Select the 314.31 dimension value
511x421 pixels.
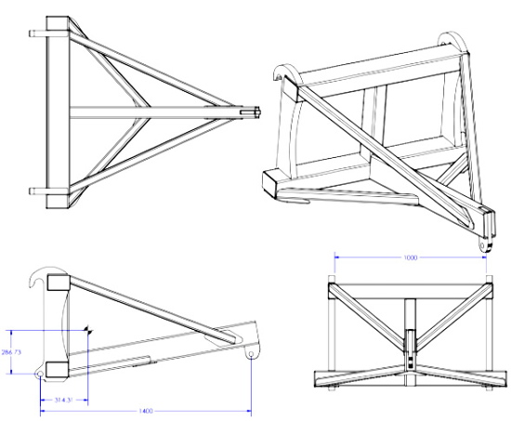(x=61, y=400)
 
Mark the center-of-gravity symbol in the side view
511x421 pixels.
(x=87, y=328)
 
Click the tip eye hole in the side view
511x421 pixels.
(x=253, y=353)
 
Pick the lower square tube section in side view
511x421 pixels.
(x=54, y=368)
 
